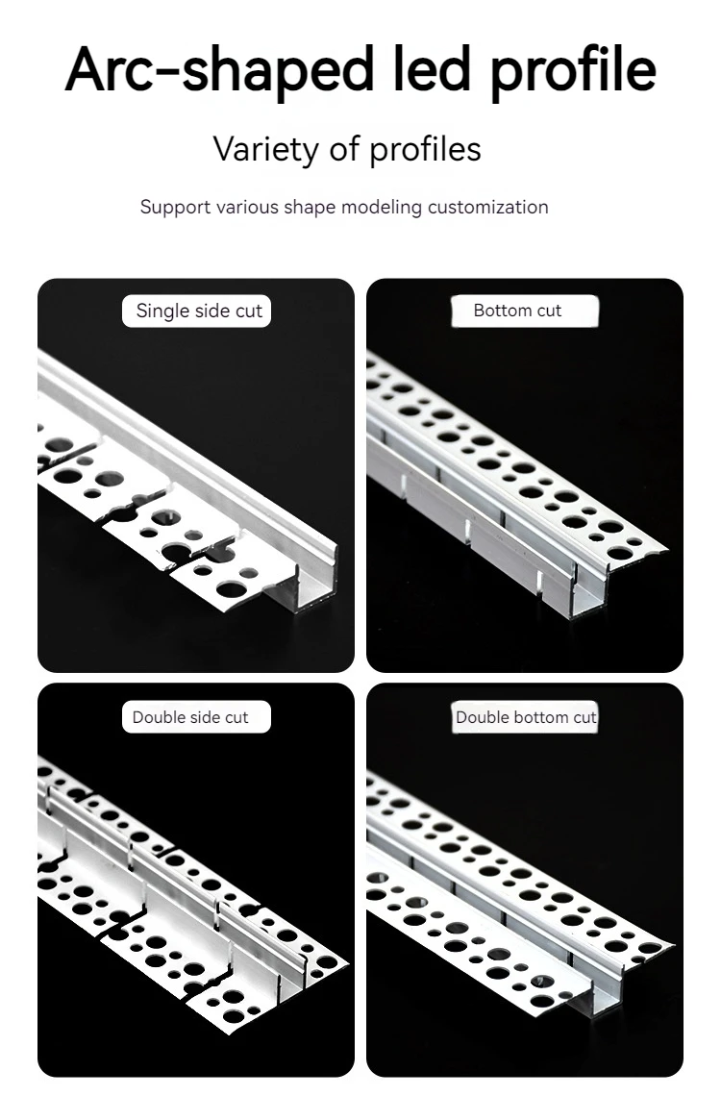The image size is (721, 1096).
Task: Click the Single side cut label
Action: pos(198,311)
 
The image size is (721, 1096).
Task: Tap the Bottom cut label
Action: pos(517,311)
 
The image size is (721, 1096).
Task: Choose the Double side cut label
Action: pos(190,717)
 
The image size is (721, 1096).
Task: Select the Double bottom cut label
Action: pos(525,717)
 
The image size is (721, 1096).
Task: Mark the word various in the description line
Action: pos(248,207)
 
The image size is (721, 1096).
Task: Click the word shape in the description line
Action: pos(307,207)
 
